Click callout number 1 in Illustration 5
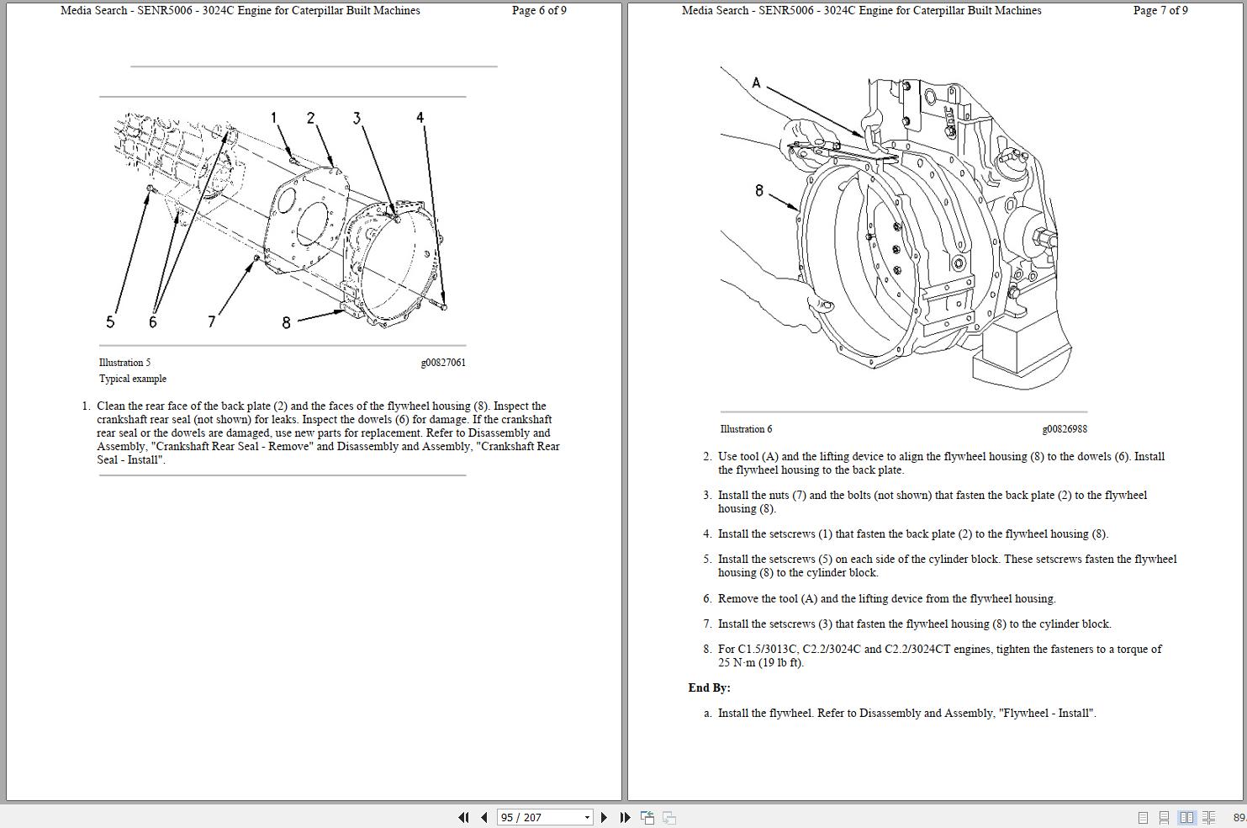[x=273, y=118]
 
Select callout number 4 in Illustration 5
[x=420, y=118]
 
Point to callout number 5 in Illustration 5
[x=110, y=321]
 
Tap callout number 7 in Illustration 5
[x=211, y=321]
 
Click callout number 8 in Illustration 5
[x=286, y=322]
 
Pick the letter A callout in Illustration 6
[x=756, y=82]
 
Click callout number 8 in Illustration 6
[x=759, y=191]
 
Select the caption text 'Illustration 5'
[x=124, y=363]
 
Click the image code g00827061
[x=442, y=363]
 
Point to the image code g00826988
[x=1064, y=429]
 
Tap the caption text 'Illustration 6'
[x=746, y=429]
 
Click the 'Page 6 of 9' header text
[x=539, y=11]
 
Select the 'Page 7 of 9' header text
[x=1160, y=11]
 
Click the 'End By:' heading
[x=709, y=687]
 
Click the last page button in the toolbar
[x=625, y=817]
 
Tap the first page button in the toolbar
[x=463, y=817]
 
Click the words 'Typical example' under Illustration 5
[x=133, y=379]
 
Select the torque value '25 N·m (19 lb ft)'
[x=760, y=663]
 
